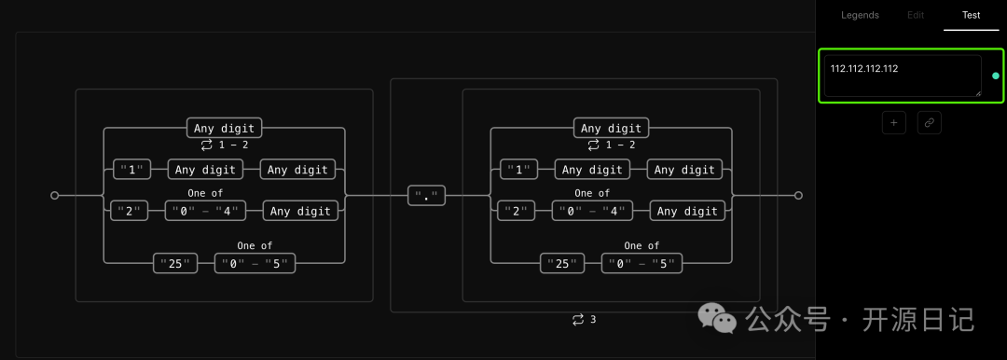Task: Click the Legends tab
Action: pyautogui.click(x=860, y=15)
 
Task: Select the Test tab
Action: pyautogui.click(x=971, y=15)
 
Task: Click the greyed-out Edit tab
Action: pyautogui.click(x=916, y=15)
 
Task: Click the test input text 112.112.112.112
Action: pyautogui.click(x=863, y=68)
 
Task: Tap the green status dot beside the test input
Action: pyautogui.click(x=996, y=76)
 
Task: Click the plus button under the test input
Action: pyautogui.click(x=894, y=122)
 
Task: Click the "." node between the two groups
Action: pyautogui.click(x=426, y=196)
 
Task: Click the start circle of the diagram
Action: pyautogui.click(x=55, y=196)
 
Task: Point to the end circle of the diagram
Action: pyautogui.click(x=798, y=196)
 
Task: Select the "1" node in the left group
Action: pyautogui.click(x=131, y=170)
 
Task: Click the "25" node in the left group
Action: pyautogui.click(x=175, y=264)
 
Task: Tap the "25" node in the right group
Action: pyautogui.click(x=562, y=264)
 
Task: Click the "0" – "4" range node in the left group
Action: pyautogui.click(x=205, y=211)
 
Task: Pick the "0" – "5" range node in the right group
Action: pyautogui.click(x=641, y=264)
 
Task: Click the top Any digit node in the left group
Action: pyautogui.click(x=224, y=128)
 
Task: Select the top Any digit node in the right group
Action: pyautogui.click(x=612, y=128)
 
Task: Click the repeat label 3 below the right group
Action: pyautogui.click(x=585, y=320)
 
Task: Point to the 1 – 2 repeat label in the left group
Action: pyautogui.click(x=224, y=145)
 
